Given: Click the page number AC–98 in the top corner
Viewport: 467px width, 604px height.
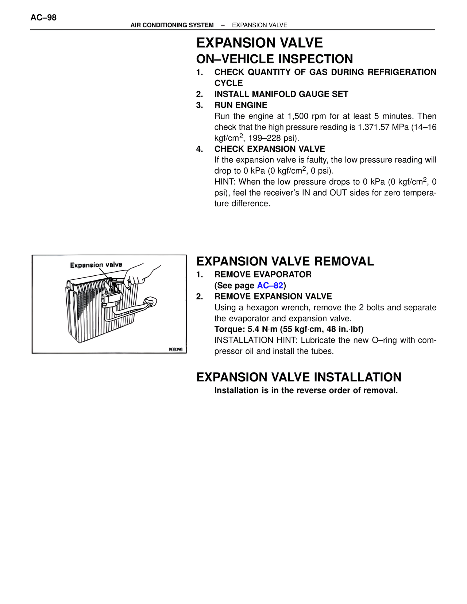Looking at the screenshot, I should pos(43,18).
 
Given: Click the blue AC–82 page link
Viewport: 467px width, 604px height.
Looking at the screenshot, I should pos(270,285).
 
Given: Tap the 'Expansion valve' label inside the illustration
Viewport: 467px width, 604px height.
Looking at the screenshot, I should pos(96,265).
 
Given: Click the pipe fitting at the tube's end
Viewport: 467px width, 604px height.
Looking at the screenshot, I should pos(150,302).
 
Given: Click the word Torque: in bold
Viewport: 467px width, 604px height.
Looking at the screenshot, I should pos(229,329).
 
